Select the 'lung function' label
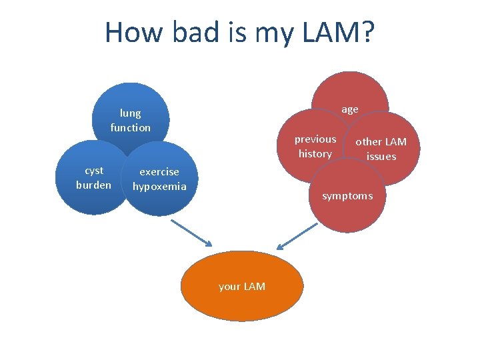point(131,120)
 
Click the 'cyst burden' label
point(94,177)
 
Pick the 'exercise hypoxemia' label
point(159,179)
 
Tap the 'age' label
point(350,109)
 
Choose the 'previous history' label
point(315,146)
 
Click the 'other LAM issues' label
point(381,149)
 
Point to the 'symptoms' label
point(347,196)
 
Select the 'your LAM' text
point(242,287)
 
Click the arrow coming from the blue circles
point(192,233)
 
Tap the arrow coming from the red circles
point(297,237)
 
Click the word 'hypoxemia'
point(159,187)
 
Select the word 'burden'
point(94,185)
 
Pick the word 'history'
point(315,154)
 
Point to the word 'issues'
point(381,157)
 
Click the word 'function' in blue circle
point(131,127)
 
